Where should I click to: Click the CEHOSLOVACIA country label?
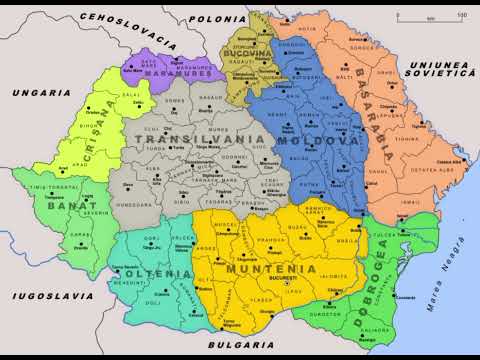tap(121, 19)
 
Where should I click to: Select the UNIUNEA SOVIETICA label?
tap(438, 69)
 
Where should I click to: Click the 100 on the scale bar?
tap(460, 14)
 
